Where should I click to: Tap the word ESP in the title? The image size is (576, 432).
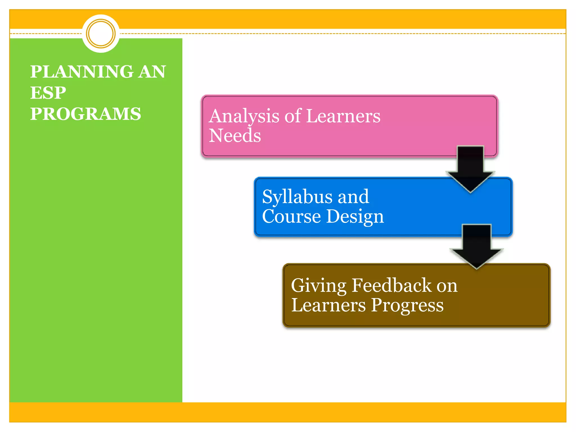tap(48, 93)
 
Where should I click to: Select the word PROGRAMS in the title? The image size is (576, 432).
tap(85, 114)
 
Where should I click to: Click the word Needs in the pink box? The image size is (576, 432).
tap(235, 136)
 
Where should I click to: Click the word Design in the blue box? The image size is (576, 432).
tap(355, 217)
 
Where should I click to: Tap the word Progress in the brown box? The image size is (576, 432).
tap(407, 306)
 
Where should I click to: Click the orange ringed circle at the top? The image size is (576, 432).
tap(101, 33)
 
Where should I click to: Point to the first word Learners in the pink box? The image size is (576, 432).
tap(343, 116)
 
